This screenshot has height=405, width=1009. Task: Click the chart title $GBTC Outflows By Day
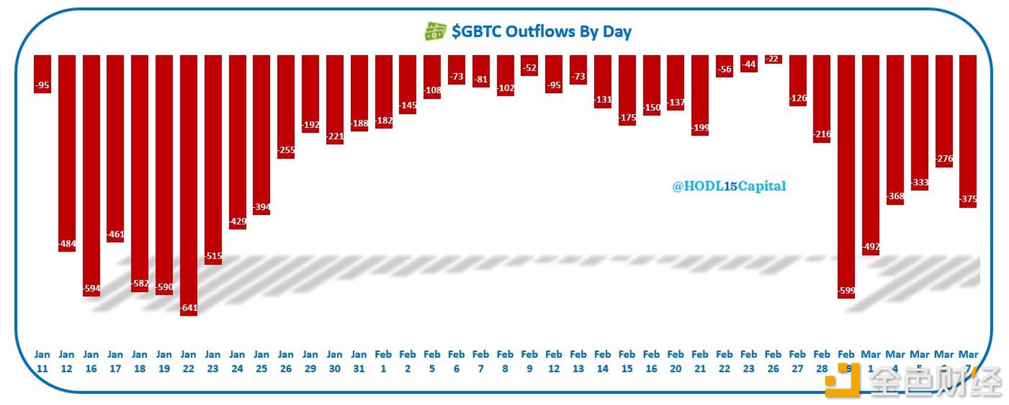(x=541, y=32)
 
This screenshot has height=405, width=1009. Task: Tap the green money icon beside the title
(x=435, y=31)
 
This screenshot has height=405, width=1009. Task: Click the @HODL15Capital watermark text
(x=729, y=186)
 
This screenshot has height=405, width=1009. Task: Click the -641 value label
(x=189, y=308)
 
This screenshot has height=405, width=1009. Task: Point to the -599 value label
(x=846, y=291)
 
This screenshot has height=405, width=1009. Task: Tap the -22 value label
(x=773, y=59)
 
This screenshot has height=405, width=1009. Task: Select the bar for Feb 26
(x=773, y=59)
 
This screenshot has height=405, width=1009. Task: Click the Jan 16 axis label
(x=91, y=362)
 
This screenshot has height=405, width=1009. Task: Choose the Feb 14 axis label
(x=603, y=362)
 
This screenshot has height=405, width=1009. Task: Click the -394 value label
(x=262, y=207)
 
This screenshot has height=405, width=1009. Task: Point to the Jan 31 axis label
(x=359, y=362)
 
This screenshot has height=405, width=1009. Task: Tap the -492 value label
(x=871, y=246)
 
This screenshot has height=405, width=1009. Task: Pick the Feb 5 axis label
(x=432, y=362)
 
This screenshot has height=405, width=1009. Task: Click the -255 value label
(x=286, y=150)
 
